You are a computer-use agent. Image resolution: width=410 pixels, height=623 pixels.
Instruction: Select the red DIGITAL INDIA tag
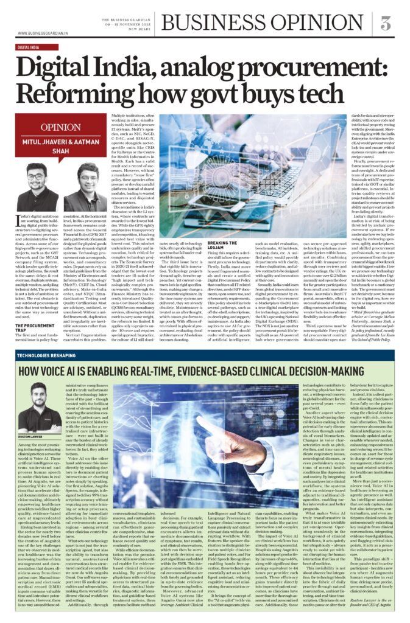(x=33, y=47)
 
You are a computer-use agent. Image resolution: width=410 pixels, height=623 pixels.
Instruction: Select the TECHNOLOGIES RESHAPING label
(x=48, y=354)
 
